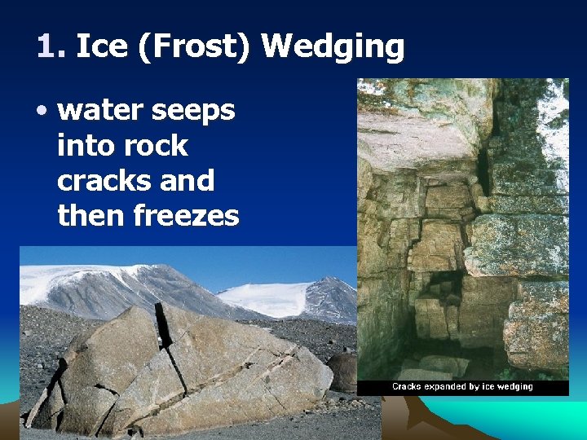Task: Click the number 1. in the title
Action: [x=51, y=47]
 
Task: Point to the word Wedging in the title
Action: [x=332, y=47]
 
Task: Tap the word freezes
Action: [x=188, y=216]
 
